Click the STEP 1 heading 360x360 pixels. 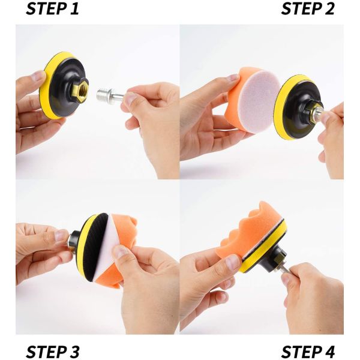point(52,9)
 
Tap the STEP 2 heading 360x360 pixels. point(308,9)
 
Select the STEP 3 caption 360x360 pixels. point(53,351)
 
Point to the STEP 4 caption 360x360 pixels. point(308,351)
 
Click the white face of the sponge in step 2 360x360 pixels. point(259,101)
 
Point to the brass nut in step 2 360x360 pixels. point(311,112)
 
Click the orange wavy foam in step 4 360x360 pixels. point(245,230)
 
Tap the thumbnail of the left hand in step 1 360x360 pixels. point(38,76)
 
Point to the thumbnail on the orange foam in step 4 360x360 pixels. point(233,262)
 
